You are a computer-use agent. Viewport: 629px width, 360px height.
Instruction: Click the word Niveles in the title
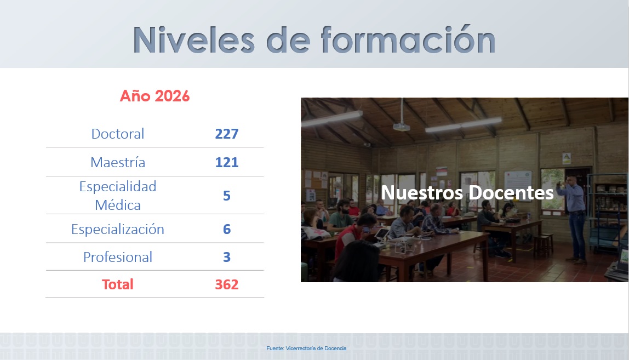point(194,40)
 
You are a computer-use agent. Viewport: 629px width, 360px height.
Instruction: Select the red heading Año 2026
point(155,96)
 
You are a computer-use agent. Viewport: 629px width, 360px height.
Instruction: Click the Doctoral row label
point(118,134)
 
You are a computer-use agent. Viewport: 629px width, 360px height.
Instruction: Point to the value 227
point(227,134)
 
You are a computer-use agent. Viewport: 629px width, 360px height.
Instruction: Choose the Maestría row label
point(118,162)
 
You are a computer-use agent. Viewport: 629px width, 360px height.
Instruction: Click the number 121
point(227,162)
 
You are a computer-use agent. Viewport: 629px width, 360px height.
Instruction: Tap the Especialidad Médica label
point(118,196)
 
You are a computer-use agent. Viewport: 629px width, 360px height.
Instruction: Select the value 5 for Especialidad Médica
point(227,196)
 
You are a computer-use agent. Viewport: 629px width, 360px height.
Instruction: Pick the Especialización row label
point(118,229)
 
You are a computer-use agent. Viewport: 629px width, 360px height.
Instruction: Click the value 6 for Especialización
point(227,229)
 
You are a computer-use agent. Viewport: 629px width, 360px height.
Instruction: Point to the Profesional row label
point(118,257)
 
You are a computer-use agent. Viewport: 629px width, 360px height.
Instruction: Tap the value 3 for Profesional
point(227,257)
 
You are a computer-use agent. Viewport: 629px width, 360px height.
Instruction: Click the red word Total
point(118,284)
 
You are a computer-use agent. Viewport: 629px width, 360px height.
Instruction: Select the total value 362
point(227,284)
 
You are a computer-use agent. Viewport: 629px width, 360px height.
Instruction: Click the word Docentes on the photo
point(511,193)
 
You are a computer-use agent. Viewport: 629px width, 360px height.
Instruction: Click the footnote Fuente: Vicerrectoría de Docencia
point(306,348)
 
